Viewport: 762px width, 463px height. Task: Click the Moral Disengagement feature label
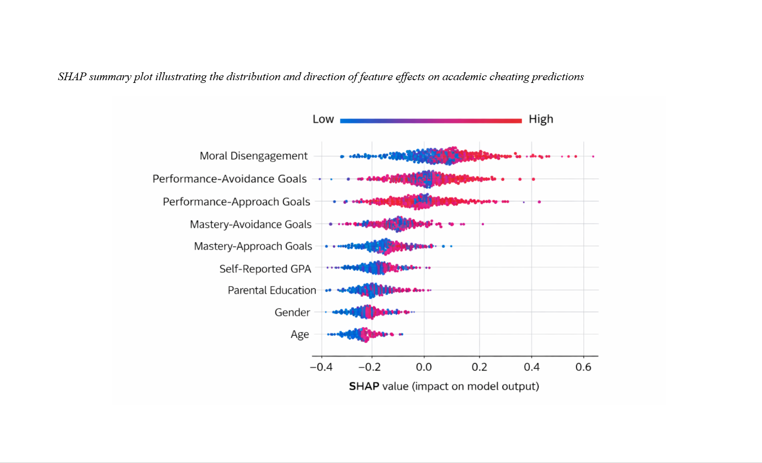pyautogui.click(x=253, y=156)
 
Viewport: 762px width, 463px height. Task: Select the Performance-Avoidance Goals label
pyautogui.click(x=229, y=179)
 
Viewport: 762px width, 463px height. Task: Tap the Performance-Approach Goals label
pyautogui.click(x=236, y=202)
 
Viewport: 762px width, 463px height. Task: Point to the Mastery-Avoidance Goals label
pyautogui.click(x=251, y=224)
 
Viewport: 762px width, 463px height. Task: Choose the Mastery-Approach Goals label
pyautogui.click(x=253, y=246)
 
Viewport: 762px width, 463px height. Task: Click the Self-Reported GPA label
pyautogui.click(x=265, y=269)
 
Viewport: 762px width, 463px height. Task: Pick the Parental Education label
pyautogui.click(x=272, y=290)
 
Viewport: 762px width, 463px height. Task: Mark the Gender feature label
pyautogui.click(x=292, y=312)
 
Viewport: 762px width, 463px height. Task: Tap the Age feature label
pyautogui.click(x=299, y=334)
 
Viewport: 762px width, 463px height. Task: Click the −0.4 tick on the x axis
pyautogui.click(x=321, y=367)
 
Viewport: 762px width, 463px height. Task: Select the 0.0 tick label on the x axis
pyautogui.click(x=424, y=367)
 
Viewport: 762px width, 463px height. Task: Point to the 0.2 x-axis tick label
pyautogui.click(x=479, y=367)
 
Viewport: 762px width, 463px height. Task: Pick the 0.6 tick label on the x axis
pyautogui.click(x=583, y=367)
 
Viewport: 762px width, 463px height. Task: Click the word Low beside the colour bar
pyautogui.click(x=323, y=119)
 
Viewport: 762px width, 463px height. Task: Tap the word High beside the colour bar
pyautogui.click(x=541, y=119)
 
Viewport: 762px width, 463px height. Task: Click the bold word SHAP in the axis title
pyautogui.click(x=364, y=386)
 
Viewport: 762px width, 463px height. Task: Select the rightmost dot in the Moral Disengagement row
pyautogui.click(x=593, y=156)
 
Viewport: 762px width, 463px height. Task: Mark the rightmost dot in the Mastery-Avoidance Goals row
pyautogui.click(x=482, y=224)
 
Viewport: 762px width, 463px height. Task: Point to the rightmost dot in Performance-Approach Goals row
pyautogui.click(x=539, y=202)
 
